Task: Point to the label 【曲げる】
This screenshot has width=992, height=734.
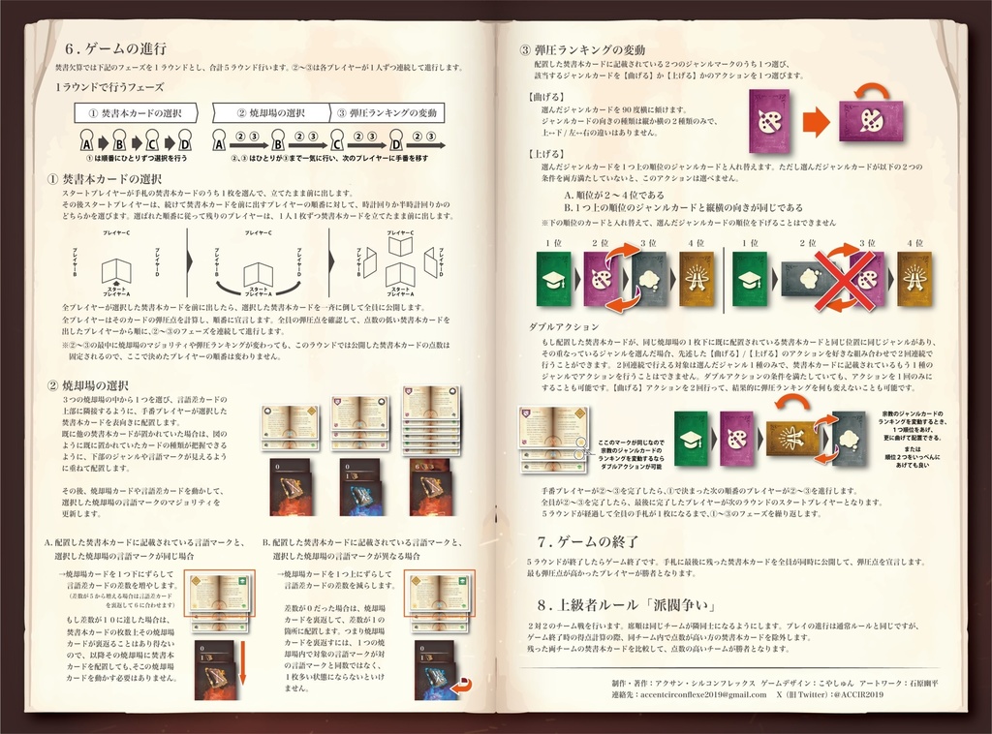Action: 548,98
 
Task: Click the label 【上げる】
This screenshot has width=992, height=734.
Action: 548,154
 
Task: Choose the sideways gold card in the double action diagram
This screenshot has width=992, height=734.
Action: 793,437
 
